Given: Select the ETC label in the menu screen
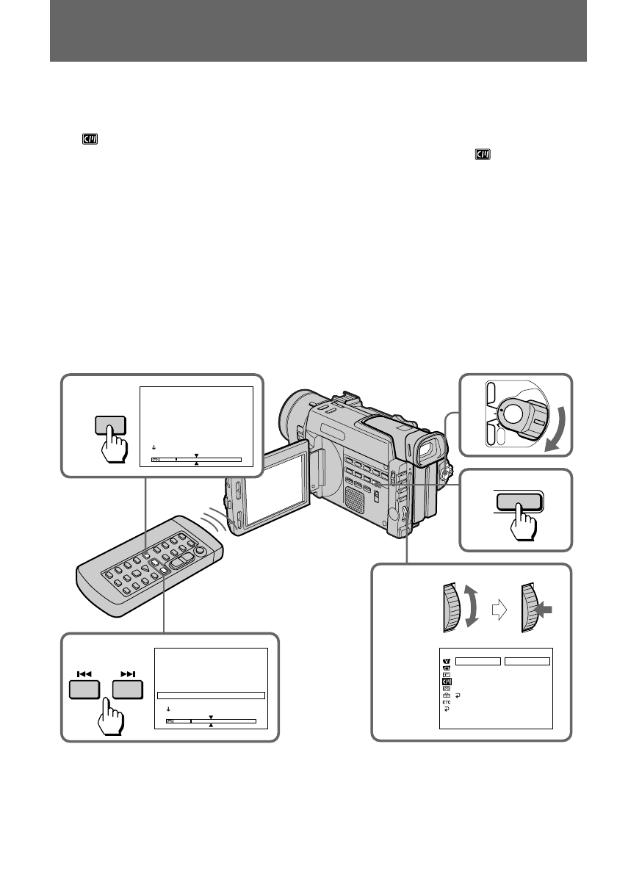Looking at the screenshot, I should click(x=446, y=701).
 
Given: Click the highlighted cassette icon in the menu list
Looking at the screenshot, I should click(x=446, y=681).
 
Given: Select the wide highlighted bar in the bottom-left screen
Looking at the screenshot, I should click(x=211, y=694).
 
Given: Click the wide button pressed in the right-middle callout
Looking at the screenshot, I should click(x=519, y=502).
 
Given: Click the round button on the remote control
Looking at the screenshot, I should click(x=198, y=549).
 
